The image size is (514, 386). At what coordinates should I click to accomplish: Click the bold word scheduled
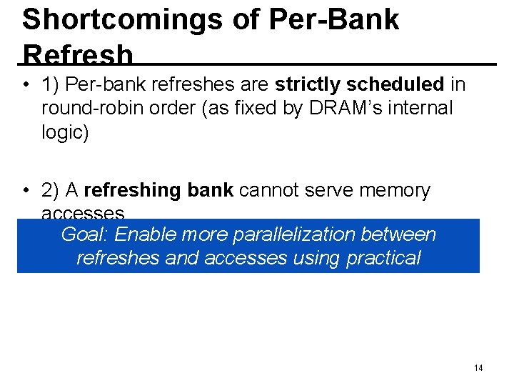click(x=395, y=85)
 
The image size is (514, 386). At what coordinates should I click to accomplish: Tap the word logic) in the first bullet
click(x=65, y=133)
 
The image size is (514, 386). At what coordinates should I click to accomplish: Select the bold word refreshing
click(x=129, y=190)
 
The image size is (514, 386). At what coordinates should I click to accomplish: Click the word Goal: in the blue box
click(x=86, y=234)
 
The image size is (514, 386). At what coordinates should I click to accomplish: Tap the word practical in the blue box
click(x=383, y=257)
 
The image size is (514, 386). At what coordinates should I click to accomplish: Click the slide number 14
click(x=478, y=367)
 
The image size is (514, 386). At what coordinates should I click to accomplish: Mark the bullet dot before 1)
click(x=24, y=86)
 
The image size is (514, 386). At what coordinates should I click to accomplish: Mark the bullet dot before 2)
click(x=24, y=191)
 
